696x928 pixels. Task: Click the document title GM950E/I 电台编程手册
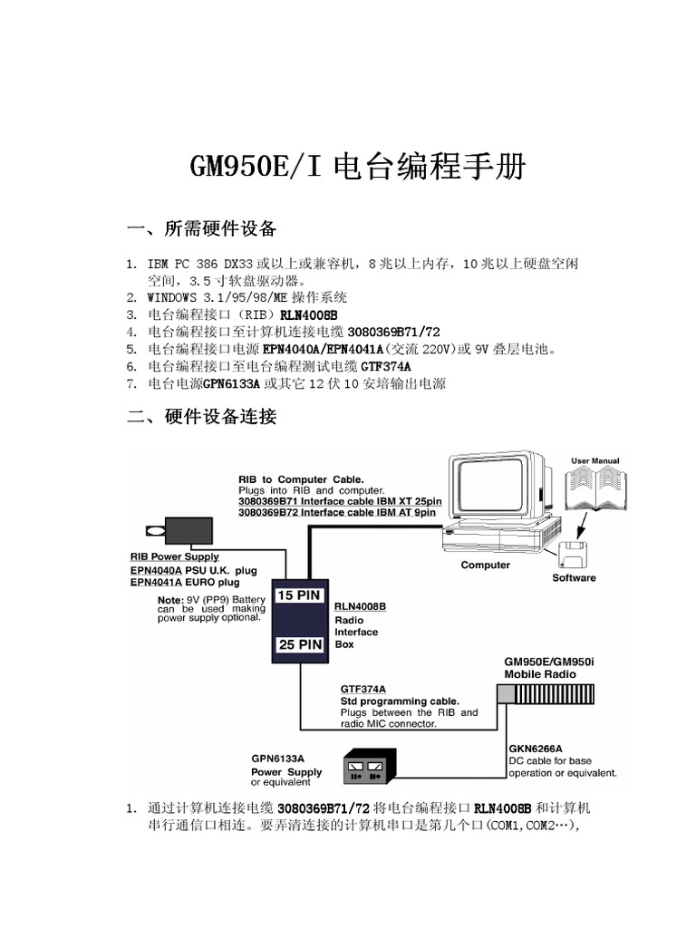tap(356, 167)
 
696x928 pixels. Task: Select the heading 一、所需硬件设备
tap(201, 227)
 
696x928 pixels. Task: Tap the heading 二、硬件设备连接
tap(201, 417)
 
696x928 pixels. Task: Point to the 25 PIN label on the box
tap(299, 645)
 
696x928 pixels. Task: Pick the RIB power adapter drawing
tap(185, 530)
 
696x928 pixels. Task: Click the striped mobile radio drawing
tap(547, 693)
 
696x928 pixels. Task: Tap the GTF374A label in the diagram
tap(362, 689)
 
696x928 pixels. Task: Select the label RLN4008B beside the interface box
tap(360, 606)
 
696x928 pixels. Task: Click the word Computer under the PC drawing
tap(486, 565)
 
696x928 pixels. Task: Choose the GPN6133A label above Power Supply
tap(277, 759)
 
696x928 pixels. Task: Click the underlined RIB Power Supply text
tap(175, 556)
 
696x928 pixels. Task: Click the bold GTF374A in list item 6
tap(386, 366)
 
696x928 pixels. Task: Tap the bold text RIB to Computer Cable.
tap(301, 478)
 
